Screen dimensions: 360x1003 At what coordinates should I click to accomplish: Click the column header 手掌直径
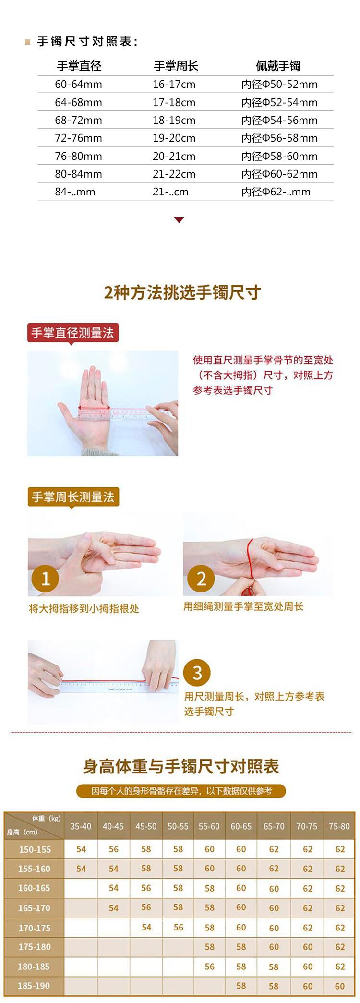(x=79, y=66)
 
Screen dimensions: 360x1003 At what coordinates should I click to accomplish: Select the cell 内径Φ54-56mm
(x=279, y=120)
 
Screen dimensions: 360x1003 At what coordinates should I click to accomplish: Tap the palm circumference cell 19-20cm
(x=174, y=138)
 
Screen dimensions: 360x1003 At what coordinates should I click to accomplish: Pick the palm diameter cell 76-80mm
(x=78, y=156)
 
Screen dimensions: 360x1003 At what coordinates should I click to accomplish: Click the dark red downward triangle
(x=179, y=220)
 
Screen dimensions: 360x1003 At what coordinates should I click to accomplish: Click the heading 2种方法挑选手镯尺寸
(x=182, y=292)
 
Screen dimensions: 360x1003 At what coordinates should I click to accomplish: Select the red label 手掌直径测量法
(x=72, y=333)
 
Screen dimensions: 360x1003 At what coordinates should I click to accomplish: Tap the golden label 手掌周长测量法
(x=73, y=497)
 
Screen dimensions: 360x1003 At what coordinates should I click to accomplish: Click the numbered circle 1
(x=45, y=578)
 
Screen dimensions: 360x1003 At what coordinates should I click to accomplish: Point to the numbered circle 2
(x=201, y=578)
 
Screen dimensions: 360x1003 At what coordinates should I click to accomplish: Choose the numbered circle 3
(x=197, y=672)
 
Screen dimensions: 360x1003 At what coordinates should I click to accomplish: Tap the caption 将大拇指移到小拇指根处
(x=84, y=609)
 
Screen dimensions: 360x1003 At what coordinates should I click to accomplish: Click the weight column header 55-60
(x=209, y=826)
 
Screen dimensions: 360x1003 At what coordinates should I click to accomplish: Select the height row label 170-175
(x=34, y=928)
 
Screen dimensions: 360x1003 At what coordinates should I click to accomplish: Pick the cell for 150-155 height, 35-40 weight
(x=81, y=849)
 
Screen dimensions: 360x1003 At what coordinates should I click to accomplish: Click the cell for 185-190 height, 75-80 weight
(x=340, y=986)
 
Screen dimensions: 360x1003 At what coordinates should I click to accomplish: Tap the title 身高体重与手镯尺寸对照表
(x=181, y=766)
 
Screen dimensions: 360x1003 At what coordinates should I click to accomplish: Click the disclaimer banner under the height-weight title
(x=181, y=791)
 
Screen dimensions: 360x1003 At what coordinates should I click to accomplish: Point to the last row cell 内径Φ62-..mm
(x=276, y=192)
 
